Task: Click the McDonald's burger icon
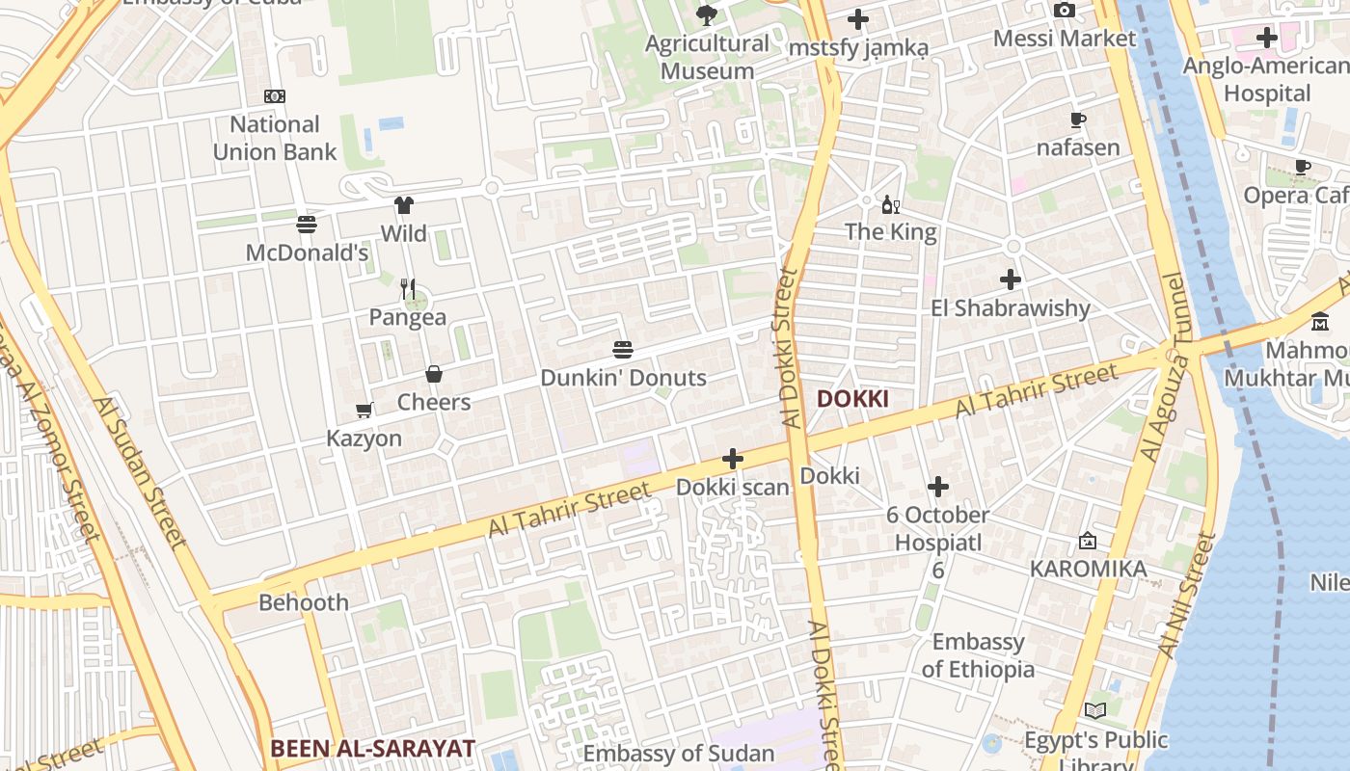(x=307, y=225)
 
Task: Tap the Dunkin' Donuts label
(x=623, y=378)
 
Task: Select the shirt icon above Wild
(x=404, y=205)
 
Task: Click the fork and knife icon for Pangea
(x=408, y=289)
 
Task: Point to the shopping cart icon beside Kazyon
(x=364, y=411)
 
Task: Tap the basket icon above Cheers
(x=434, y=374)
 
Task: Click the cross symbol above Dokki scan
(x=733, y=459)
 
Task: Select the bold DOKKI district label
(x=852, y=399)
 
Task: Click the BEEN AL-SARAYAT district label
(x=372, y=748)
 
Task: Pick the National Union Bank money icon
(x=275, y=96)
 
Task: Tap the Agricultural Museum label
(x=707, y=57)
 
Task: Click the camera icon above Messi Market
(x=1065, y=11)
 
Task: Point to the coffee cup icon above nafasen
(x=1078, y=120)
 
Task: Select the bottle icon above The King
(x=891, y=204)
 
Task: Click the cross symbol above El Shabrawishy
(x=1011, y=280)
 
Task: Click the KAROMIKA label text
(x=1089, y=569)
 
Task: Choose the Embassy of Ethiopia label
(x=978, y=655)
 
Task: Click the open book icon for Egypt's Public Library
(x=1095, y=711)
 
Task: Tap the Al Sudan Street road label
(x=141, y=472)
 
